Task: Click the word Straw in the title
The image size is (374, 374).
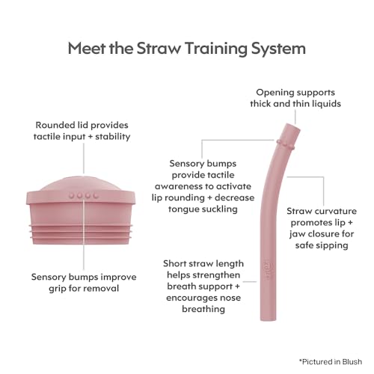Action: [x=158, y=49]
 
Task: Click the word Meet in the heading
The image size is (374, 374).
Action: [x=87, y=49]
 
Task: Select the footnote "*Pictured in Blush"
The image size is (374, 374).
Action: [x=331, y=361]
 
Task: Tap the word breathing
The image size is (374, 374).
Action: [x=203, y=309]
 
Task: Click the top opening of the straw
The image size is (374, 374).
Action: [x=293, y=126]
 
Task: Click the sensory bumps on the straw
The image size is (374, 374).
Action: [x=286, y=144]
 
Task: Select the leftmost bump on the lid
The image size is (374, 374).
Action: [x=72, y=195]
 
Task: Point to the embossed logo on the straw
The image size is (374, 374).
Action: [x=266, y=269]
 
